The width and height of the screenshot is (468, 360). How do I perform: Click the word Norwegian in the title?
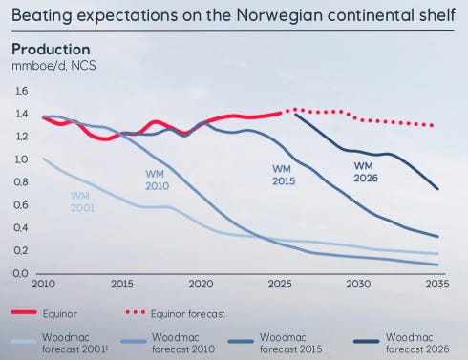pos(279,15)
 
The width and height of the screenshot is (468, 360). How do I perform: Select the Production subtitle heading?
pos(51,50)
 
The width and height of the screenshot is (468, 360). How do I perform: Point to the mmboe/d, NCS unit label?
pos(53,66)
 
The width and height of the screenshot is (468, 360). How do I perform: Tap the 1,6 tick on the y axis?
pos(22,92)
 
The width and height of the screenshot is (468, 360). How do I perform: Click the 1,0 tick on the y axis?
pos(21,159)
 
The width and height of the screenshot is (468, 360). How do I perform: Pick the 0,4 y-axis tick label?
pos(21,228)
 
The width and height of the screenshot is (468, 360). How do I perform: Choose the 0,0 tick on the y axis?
pos(21,273)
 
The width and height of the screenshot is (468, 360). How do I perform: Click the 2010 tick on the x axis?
pos(44,284)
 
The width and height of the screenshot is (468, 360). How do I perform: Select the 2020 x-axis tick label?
pos(201,284)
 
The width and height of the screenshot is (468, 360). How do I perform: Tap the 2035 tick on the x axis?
pos(437,284)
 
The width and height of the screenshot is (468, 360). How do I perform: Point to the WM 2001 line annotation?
pos(82,201)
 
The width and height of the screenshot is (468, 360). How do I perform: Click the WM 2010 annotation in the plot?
pos(157,180)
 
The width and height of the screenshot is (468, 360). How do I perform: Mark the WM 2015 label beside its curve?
pos(284,175)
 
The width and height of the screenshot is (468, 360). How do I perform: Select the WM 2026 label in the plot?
pos(366,172)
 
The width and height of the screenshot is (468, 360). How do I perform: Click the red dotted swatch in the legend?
pos(136,312)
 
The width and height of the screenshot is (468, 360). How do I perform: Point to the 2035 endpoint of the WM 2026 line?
pos(437,189)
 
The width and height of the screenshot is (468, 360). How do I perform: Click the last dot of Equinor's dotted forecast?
pos(432,126)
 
